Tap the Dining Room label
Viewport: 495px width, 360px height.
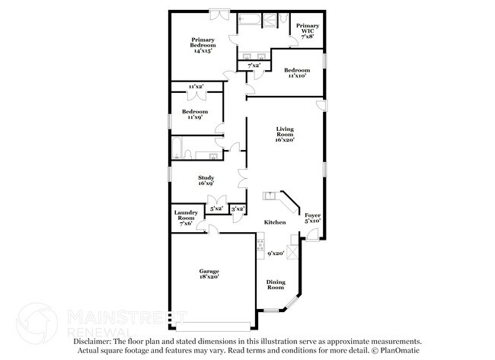276,285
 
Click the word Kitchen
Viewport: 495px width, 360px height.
275,222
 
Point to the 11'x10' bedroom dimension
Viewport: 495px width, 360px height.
295,76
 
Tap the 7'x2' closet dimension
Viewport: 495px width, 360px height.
254,66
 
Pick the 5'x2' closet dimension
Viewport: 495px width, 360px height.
216,208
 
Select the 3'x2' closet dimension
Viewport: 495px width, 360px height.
238,208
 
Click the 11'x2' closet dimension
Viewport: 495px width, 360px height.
196,87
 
